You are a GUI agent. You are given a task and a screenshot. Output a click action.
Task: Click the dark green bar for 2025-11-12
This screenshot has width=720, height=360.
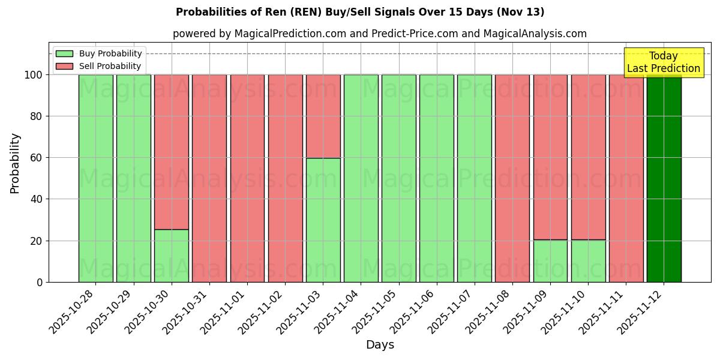click(664, 178)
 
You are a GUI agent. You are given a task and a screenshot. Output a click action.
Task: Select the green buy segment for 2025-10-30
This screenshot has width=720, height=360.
click(172, 256)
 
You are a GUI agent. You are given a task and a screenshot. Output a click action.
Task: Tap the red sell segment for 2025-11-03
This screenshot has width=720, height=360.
click(323, 116)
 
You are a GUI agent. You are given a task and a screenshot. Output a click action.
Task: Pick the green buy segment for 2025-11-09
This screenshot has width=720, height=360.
click(550, 261)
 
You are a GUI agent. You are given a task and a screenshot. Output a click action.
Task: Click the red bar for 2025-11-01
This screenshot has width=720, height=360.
click(247, 178)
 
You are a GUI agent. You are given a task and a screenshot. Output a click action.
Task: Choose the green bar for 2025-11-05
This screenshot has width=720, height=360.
click(398, 178)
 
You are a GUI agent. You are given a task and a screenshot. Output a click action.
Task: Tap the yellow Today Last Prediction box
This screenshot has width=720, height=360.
click(663, 62)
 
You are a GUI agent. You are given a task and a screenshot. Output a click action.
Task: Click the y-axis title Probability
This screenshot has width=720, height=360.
click(15, 163)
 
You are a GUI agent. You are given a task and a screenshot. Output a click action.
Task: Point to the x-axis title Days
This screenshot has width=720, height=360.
click(380, 345)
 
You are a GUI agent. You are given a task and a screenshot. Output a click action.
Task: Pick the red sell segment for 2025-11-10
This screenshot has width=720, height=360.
click(588, 157)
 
